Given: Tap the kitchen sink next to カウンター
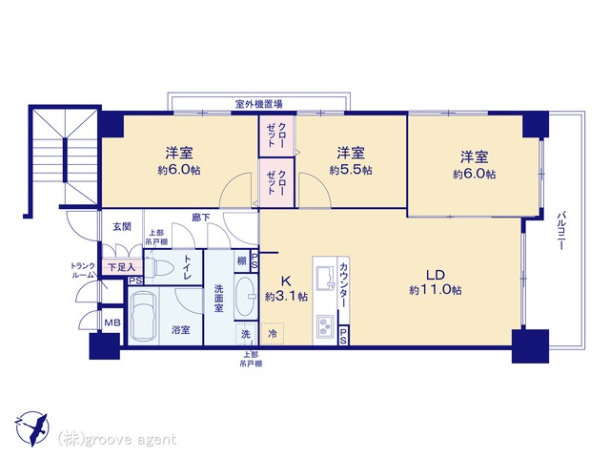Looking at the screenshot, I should pyautogui.click(x=319, y=268).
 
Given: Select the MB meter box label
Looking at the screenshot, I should pyautogui.click(x=112, y=325).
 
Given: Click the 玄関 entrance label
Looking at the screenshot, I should pyautogui.click(x=121, y=226).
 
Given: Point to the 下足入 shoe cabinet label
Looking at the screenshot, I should pyautogui.click(x=120, y=268).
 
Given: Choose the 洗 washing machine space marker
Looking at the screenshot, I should pyautogui.click(x=246, y=335).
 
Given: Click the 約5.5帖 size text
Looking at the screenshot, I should pyautogui.click(x=351, y=170).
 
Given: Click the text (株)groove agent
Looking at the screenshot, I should pyautogui.click(x=116, y=439).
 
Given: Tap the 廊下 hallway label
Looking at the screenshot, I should pyautogui.click(x=200, y=218).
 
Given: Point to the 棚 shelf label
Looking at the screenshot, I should pyautogui.click(x=242, y=260).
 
